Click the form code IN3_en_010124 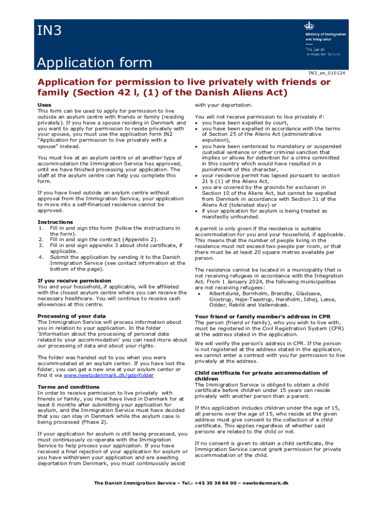point(327,73)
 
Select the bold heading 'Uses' point(44,105)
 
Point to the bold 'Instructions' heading point(55,222)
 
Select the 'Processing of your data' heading point(71,316)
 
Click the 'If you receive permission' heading point(74,281)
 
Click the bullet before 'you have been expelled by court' point(197,123)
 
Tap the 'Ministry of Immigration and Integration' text point(325,36)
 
